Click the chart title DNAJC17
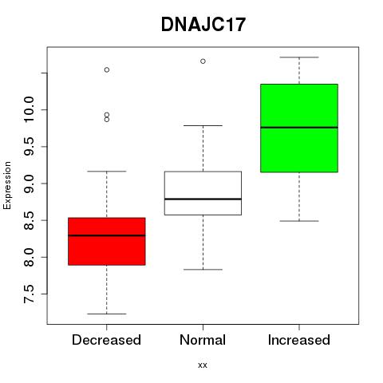point(203,25)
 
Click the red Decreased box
point(107,241)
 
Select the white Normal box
point(203,193)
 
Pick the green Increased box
point(299,128)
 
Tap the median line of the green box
point(299,128)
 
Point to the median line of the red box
point(107,235)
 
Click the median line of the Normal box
point(203,199)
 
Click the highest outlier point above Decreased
point(107,70)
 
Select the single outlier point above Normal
point(203,61)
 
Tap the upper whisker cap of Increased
point(299,57)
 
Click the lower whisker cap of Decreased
point(107,314)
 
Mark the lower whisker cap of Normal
point(203,270)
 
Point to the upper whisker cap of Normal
point(203,125)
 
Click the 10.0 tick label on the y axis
point(29,109)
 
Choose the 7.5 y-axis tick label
point(29,294)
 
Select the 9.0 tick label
point(29,184)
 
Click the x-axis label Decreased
point(106,340)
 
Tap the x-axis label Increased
point(299,340)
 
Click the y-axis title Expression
point(7,185)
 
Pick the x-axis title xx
point(203,365)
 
